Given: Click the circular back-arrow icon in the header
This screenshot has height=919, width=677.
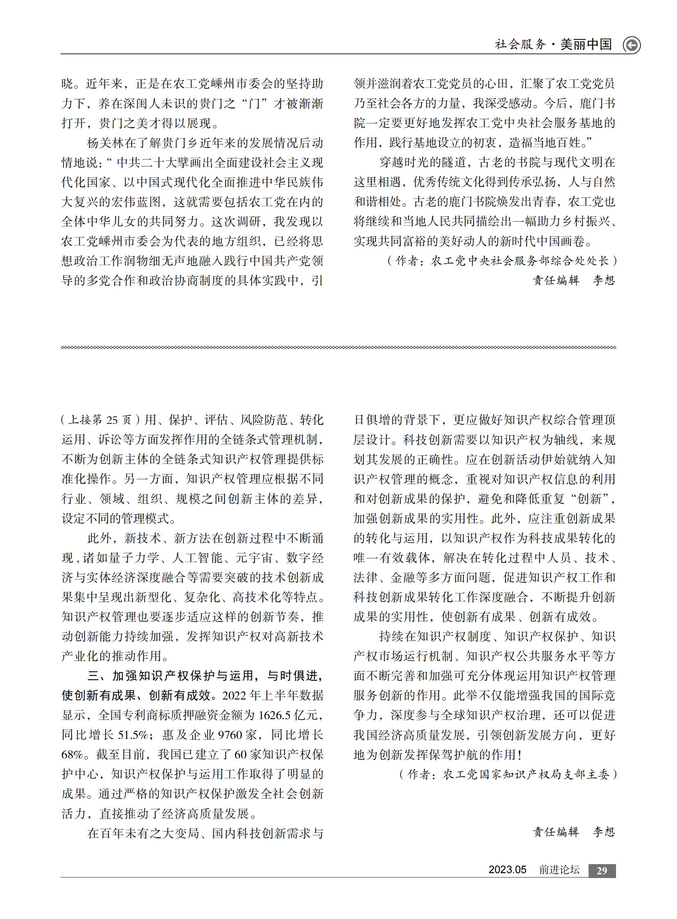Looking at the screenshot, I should [x=632, y=45].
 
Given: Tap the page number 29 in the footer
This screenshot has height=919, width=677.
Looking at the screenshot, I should [x=602, y=871].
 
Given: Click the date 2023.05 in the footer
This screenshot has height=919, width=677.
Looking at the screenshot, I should [x=507, y=870].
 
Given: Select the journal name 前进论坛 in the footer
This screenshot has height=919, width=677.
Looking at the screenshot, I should [x=559, y=870].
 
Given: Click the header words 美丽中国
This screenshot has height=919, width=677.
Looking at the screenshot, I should [x=586, y=44].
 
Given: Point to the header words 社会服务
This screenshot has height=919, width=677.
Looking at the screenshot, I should [x=521, y=44].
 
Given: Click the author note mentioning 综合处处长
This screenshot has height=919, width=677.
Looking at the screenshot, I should [x=502, y=261].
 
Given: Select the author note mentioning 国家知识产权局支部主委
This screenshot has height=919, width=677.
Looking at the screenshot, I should [x=508, y=774].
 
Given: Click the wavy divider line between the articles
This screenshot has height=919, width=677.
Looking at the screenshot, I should [x=338, y=347].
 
